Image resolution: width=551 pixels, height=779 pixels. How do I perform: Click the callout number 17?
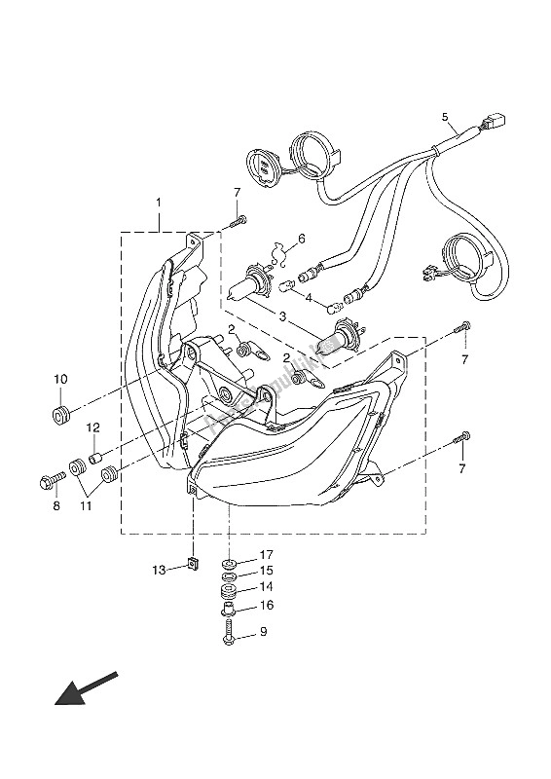265,555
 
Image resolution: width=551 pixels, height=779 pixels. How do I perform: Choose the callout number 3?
275,239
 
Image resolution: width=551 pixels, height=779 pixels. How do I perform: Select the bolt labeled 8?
50,479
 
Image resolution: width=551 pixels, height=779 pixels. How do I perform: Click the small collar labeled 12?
95,456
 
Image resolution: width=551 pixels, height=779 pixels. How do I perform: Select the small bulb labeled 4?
289,284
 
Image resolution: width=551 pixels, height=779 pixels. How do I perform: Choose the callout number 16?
266,605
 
